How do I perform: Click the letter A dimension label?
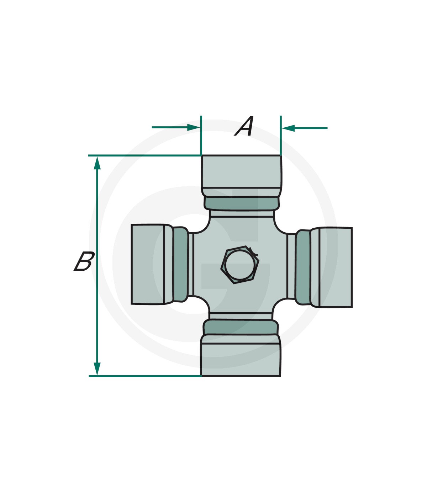pos(244,126)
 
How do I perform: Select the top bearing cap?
pos(241,176)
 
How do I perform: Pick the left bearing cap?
pos(152,264)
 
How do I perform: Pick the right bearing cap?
pos(331,267)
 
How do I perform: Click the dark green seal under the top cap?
pos(241,203)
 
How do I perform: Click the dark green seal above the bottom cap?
pos(241,327)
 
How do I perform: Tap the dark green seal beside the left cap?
pos(180,264)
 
